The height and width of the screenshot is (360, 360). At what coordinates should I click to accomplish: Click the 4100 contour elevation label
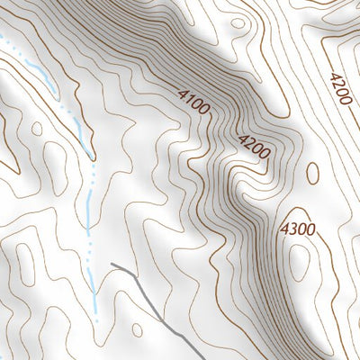click(x=193, y=102)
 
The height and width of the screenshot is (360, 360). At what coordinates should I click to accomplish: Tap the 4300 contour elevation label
click(x=297, y=229)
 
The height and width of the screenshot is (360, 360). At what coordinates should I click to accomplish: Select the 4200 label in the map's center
click(x=253, y=146)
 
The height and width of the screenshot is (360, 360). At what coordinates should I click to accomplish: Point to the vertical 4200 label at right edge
click(x=339, y=89)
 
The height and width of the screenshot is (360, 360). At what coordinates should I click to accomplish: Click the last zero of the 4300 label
click(x=310, y=229)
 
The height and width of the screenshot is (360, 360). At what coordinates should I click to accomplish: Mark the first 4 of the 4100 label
click(x=183, y=93)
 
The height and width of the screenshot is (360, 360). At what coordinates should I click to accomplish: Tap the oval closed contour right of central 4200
click(x=312, y=173)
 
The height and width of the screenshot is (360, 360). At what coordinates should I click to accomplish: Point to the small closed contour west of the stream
click(x=36, y=129)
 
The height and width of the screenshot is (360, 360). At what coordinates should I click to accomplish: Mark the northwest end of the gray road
click(x=112, y=265)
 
